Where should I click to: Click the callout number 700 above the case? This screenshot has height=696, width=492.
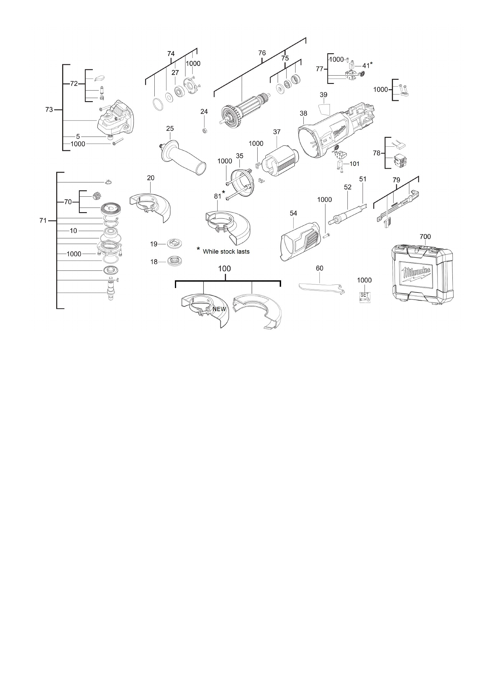pos(425,237)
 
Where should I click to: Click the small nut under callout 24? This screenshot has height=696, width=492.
pos(204,131)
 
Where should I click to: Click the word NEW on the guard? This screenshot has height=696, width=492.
pos(219,309)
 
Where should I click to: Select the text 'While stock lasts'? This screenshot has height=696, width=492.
pos(226,252)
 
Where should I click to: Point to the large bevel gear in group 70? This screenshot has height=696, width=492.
pos(109,210)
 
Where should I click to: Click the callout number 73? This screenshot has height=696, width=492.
pos(49,110)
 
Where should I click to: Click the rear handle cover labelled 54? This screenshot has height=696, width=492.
pos(300,241)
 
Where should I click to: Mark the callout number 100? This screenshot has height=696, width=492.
pos(224,269)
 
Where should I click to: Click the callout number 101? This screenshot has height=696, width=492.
pos(355,164)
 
